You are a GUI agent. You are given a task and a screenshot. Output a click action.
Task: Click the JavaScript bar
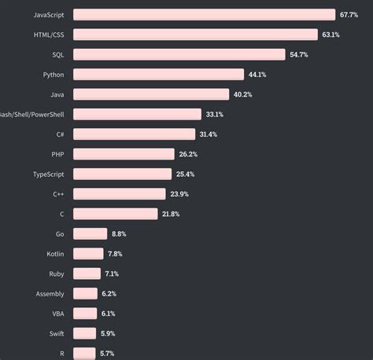204,15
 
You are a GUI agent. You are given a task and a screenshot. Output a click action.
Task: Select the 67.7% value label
349,15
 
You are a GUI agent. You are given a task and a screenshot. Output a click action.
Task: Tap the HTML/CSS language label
50,35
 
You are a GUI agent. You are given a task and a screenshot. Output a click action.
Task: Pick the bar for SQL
179,54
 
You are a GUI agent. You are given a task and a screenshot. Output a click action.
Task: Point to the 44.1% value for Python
257,75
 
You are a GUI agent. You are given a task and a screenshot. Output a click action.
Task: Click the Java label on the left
57,94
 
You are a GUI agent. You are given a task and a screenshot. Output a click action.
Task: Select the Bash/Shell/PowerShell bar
137,114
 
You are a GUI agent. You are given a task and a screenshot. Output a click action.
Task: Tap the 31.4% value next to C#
209,134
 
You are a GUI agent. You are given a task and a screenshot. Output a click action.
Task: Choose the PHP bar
124,154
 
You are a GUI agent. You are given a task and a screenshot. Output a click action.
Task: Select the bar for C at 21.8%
116,214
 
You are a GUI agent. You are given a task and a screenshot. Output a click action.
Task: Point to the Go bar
90,233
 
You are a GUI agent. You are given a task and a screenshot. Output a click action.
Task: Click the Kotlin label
55,254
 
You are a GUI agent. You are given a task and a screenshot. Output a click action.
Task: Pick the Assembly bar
85,293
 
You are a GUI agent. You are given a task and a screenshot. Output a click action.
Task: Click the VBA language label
57,314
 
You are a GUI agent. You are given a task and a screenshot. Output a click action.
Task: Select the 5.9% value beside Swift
108,333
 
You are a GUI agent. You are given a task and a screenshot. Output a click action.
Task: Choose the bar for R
84,353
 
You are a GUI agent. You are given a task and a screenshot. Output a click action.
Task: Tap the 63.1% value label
331,35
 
